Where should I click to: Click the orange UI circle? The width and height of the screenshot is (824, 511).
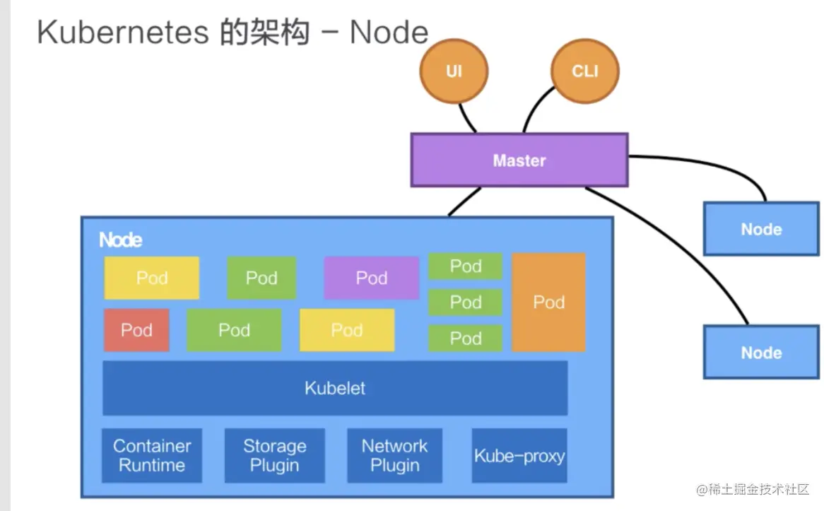coord(454,71)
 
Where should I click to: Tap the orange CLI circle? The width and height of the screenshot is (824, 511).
coord(584,71)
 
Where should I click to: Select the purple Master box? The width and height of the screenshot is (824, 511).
coord(519,160)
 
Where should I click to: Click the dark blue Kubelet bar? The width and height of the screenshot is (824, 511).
coord(335,388)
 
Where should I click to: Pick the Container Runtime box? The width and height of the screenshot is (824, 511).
coord(152,455)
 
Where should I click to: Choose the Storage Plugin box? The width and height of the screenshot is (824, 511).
coord(274,455)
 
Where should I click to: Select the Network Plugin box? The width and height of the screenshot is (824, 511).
coord(394,455)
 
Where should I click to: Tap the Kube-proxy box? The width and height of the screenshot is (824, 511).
coord(519,455)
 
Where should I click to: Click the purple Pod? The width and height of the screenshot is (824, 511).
coord(371,278)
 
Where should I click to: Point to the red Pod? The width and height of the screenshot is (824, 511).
coord(136,330)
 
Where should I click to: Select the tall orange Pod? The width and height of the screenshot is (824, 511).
coord(548,303)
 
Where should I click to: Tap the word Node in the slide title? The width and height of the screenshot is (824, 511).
coord(389,33)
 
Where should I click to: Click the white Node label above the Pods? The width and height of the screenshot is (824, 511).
coord(120,240)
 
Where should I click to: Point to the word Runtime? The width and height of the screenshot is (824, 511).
coord(152,465)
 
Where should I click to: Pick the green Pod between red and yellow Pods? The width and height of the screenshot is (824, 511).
coord(234,330)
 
